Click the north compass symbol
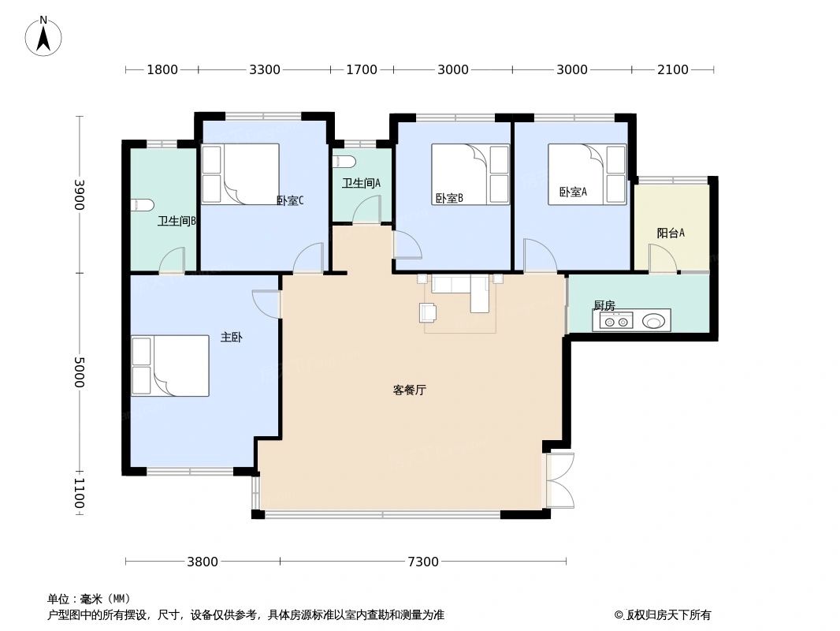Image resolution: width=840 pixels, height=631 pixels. (43, 36)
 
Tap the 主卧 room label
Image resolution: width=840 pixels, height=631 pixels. (231, 338)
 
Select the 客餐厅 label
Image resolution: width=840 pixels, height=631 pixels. (409, 390)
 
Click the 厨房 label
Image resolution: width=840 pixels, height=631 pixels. (604, 305)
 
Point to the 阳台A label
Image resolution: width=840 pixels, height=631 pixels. (671, 233)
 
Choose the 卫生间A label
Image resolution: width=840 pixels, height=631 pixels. (361, 183)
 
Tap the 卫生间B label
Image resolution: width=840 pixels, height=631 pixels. (177, 221)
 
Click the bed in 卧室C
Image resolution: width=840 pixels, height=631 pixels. (240, 174)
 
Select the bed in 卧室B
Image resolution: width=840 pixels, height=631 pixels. (470, 174)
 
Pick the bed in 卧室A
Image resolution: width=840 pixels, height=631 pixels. (587, 174)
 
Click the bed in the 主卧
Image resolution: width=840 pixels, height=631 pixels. (170, 365)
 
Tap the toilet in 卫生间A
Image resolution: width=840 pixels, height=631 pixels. (344, 162)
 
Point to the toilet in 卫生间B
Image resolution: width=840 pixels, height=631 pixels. (142, 205)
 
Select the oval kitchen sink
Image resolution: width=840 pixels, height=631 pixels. (653, 321)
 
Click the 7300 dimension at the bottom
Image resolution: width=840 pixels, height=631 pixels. (422, 562)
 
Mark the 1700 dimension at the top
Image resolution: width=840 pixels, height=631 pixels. (362, 69)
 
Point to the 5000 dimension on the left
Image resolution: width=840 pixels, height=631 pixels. (79, 372)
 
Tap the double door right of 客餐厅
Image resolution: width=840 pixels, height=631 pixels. (559, 480)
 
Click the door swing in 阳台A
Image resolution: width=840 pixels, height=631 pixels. (661, 259)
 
